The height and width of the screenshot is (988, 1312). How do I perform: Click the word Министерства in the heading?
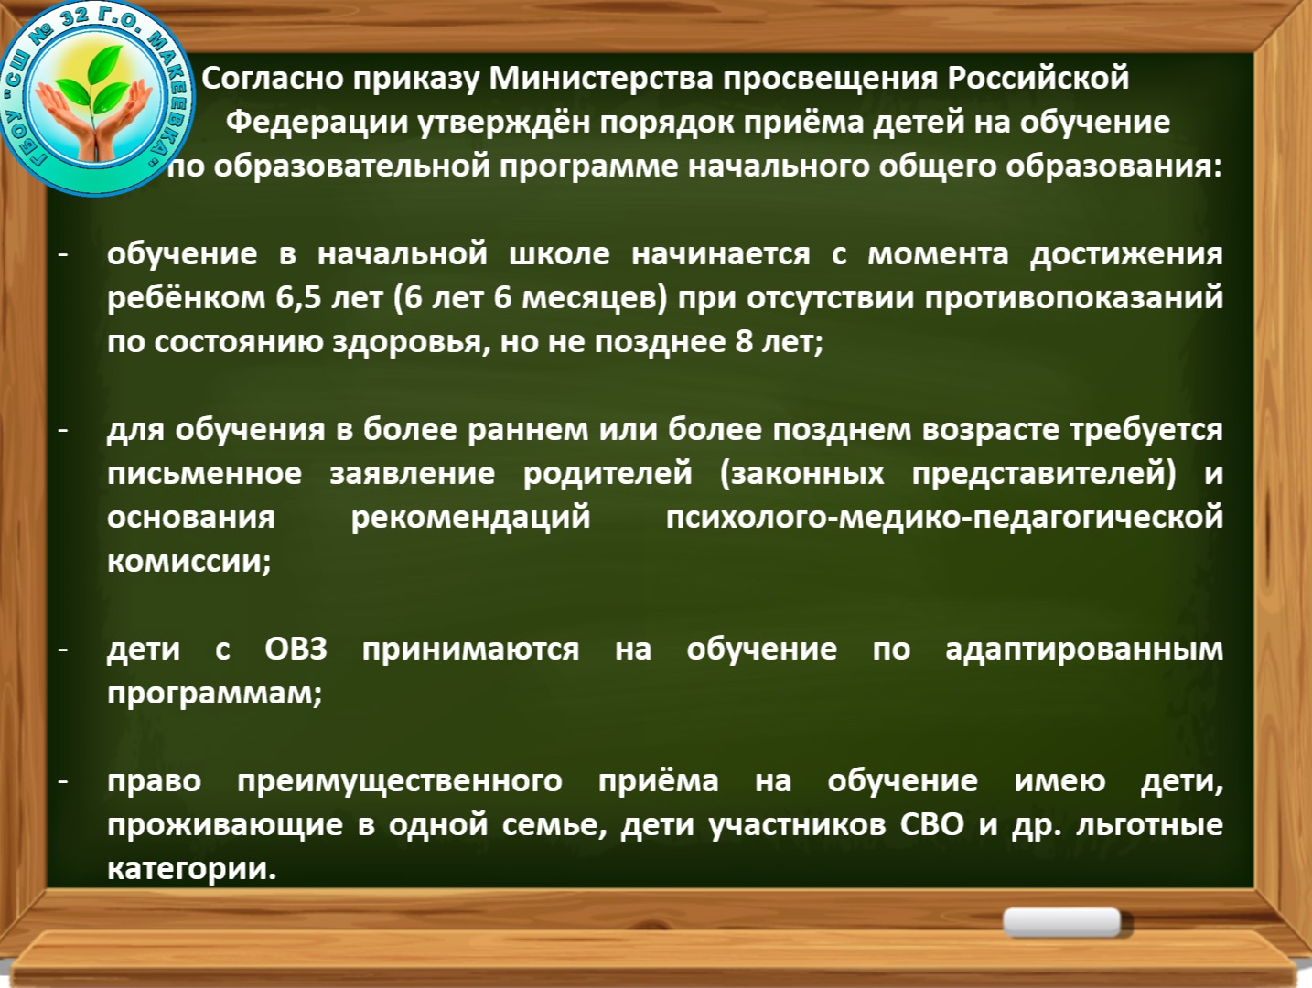click(x=601, y=79)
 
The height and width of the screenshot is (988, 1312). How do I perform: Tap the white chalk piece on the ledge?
click(x=1061, y=922)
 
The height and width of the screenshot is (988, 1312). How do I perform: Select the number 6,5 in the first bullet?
click(x=298, y=297)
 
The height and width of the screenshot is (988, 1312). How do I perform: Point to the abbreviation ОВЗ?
click(x=296, y=649)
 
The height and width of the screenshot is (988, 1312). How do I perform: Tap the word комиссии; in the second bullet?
click(x=188, y=561)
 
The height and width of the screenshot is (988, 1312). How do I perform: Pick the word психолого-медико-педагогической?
click(x=944, y=517)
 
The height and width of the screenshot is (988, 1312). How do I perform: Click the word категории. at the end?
click(x=192, y=868)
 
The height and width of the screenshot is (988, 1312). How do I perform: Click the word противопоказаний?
click(x=1073, y=297)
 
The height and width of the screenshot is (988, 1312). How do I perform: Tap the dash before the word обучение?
click(x=63, y=255)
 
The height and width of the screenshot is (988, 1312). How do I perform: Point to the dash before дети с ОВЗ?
click(x=63, y=650)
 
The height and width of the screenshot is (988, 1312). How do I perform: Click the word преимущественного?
click(x=400, y=781)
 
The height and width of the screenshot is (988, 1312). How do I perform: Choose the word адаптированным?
click(x=1084, y=650)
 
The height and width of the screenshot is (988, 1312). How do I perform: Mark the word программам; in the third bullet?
click(x=215, y=693)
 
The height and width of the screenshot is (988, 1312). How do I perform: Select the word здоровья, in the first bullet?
click(x=412, y=342)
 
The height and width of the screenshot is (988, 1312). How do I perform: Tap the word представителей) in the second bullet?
click(x=1044, y=473)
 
